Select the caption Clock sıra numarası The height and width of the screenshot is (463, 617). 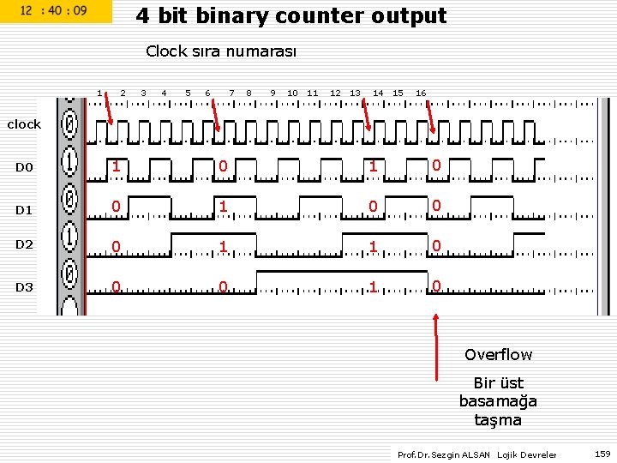pyautogui.click(x=221, y=51)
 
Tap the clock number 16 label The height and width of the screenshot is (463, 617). pyautogui.click(x=421, y=93)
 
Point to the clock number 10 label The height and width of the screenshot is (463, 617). pyautogui.click(x=292, y=93)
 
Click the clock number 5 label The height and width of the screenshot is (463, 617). pyautogui.click(x=188, y=93)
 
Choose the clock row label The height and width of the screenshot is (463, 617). pyautogui.click(x=24, y=124)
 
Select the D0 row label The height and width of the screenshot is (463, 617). pyautogui.click(x=24, y=167)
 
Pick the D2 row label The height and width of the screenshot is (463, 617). pyautogui.click(x=24, y=244)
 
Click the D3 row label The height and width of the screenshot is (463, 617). pyautogui.click(x=24, y=287)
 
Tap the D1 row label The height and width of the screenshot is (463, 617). pyautogui.click(x=24, y=210)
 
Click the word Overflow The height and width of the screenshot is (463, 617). pyautogui.click(x=498, y=355)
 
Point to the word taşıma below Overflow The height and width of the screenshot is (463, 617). pyautogui.click(x=498, y=420)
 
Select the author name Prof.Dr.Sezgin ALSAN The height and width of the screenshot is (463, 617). pyautogui.click(x=444, y=454)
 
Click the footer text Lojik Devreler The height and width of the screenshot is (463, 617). pyautogui.click(x=527, y=454)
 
